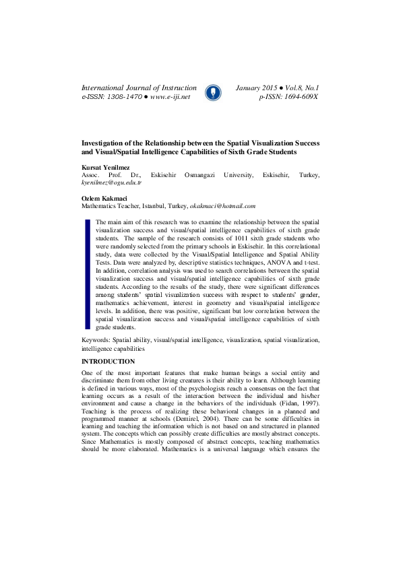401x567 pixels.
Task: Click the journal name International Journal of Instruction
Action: click(x=139, y=88)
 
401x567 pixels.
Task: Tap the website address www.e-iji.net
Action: click(x=171, y=97)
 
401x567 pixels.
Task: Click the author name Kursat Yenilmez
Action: click(x=106, y=166)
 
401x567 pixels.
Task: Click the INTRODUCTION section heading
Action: click(x=108, y=362)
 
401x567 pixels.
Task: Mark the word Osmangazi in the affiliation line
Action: click(x=206, y=174)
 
